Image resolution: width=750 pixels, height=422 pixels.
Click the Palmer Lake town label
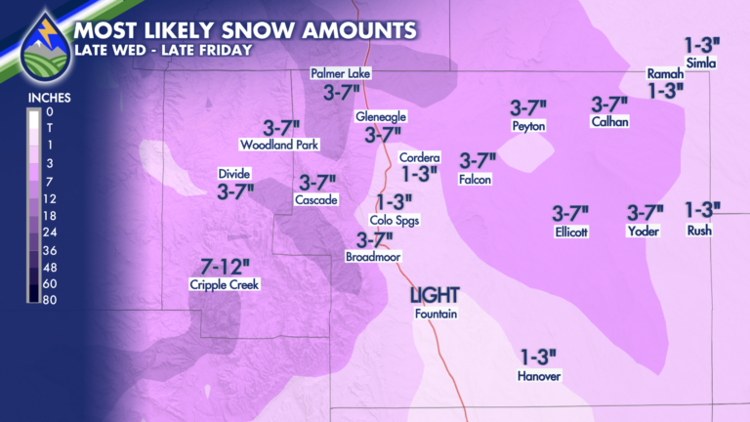(x=341, y=73)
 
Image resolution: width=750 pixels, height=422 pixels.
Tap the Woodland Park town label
(x=274, y=146)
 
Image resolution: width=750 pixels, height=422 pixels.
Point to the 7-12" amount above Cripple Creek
(x=226, y=266)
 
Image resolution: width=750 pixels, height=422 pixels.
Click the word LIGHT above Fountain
(x=435, y=295)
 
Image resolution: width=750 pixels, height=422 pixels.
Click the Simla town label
(x=701, y=64)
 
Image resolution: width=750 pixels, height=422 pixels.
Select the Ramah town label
(x=665, y=73)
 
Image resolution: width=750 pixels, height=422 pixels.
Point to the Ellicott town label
(x=570, y=232)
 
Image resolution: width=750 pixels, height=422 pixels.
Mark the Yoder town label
(x=644, y=232)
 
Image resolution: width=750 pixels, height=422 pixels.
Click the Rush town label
(x=699, y=232)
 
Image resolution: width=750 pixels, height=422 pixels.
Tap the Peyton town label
(x=527, y=126)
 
